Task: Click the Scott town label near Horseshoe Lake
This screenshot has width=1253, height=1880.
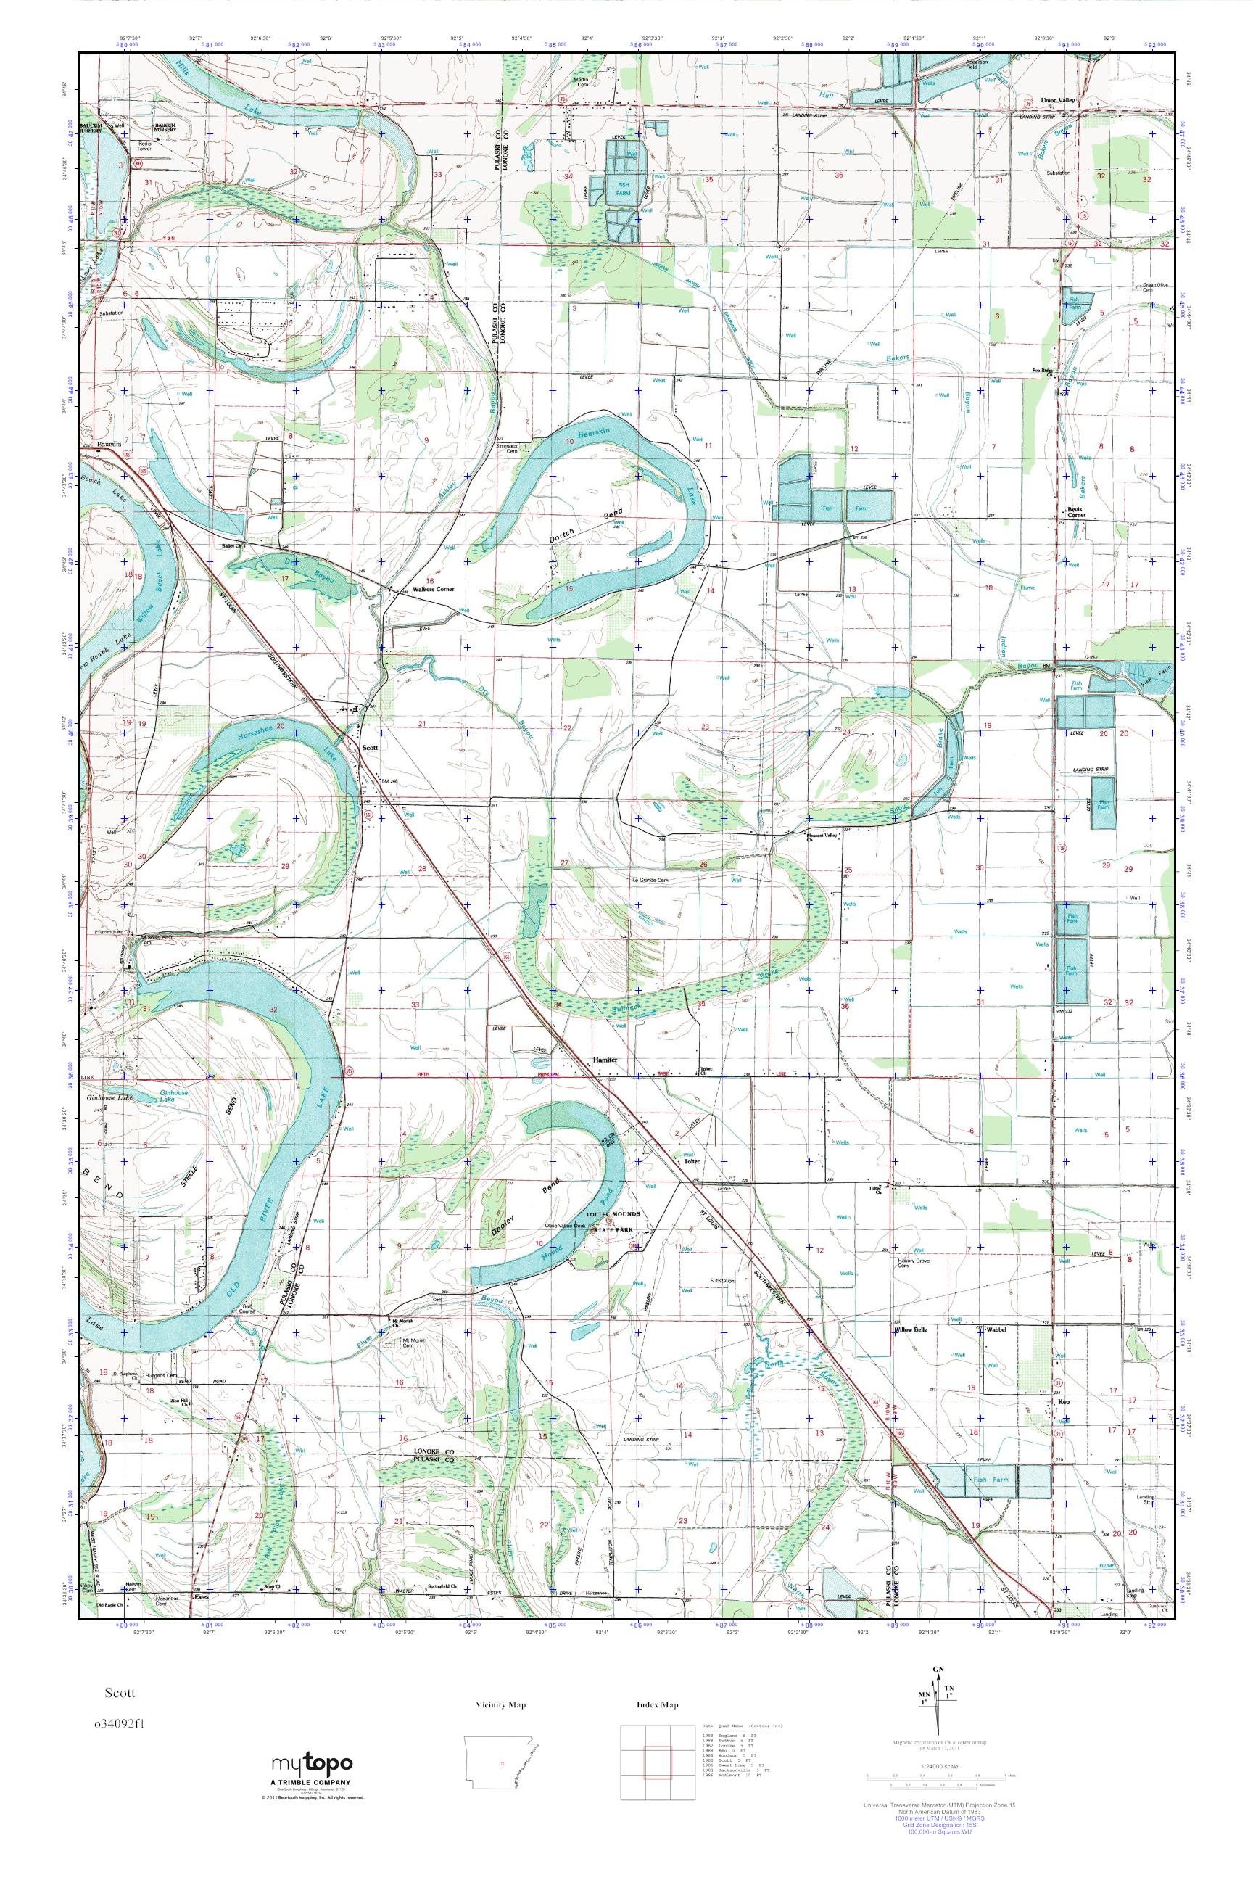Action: [x=370, y=747]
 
